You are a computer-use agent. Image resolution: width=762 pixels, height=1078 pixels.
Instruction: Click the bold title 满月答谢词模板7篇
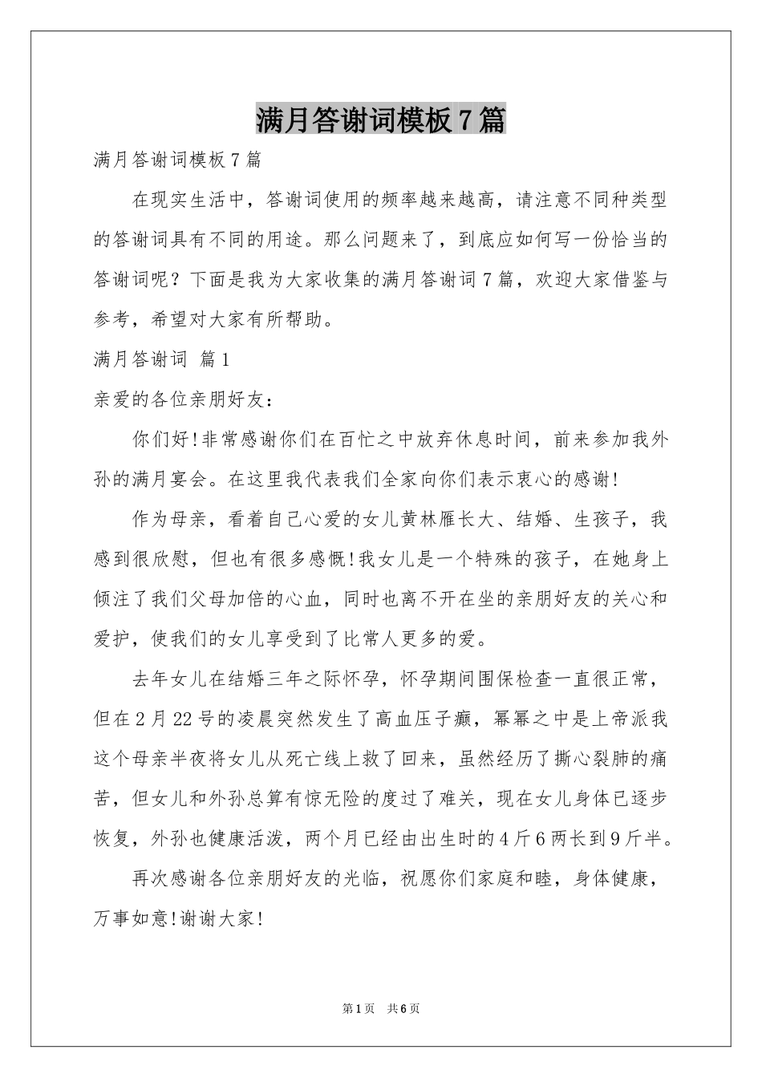pyautogui.click(x=381, y=120)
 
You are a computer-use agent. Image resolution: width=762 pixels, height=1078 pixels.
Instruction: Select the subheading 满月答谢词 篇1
pyautogui.click(x=163, y=359)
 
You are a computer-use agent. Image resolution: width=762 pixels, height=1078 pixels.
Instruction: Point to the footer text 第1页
pyautogui.click(x=359, y=1008)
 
